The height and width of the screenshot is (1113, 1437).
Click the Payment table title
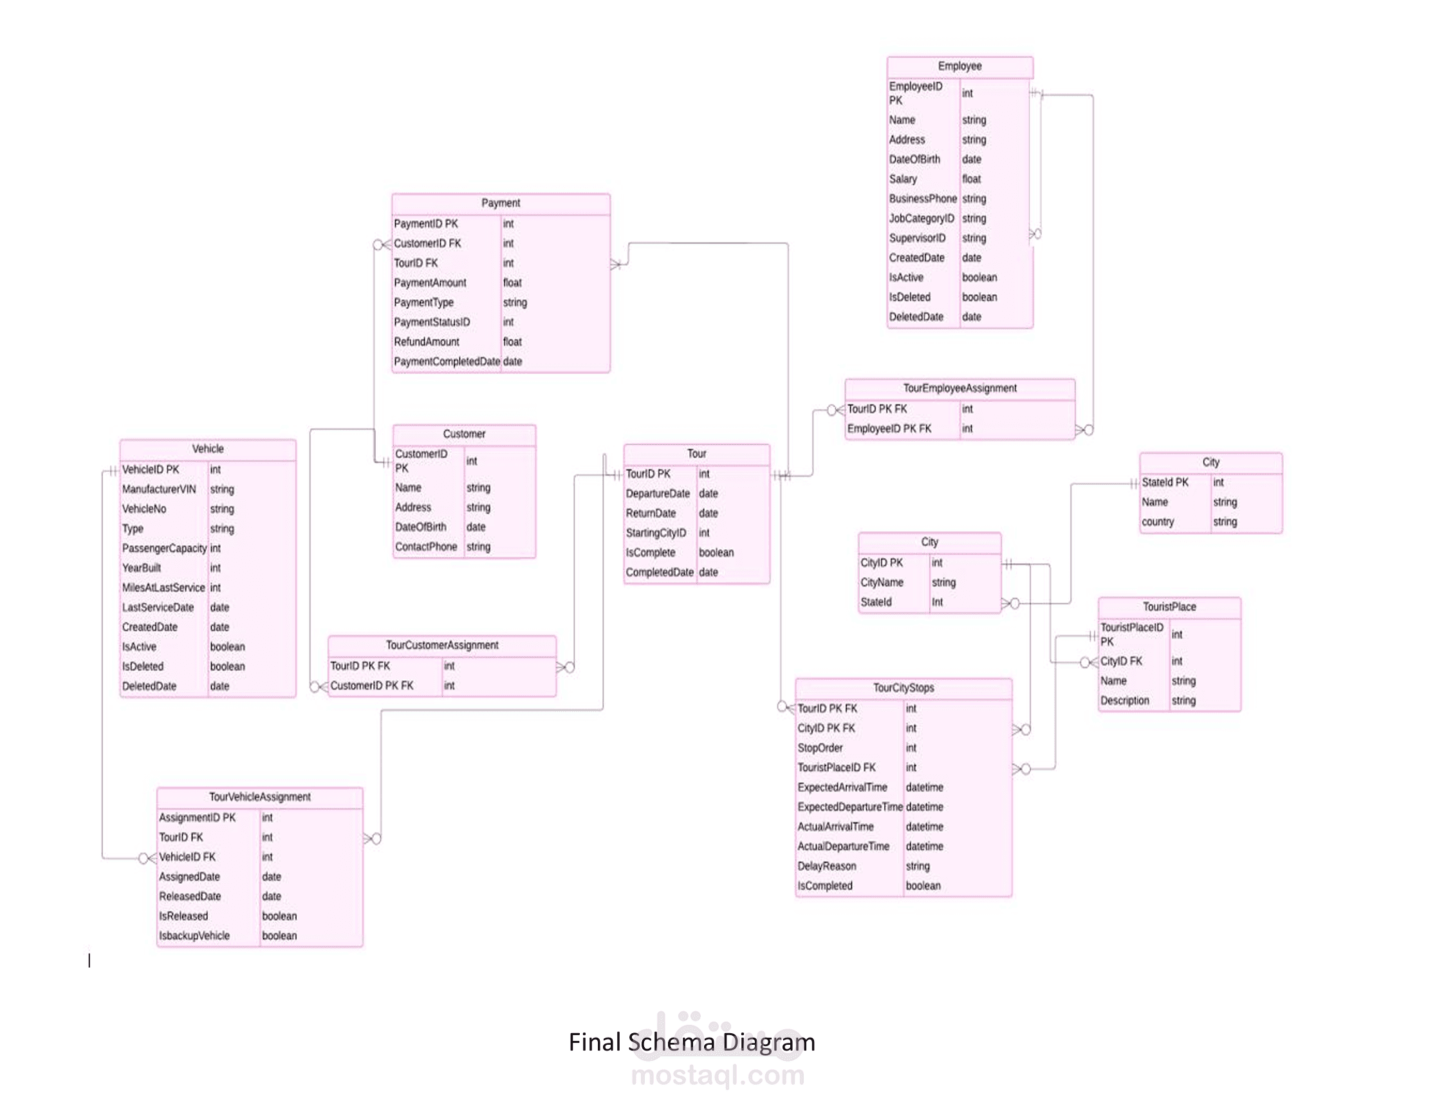click(501, 203)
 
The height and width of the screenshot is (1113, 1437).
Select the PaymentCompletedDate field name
click(447, 361)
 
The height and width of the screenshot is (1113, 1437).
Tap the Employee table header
click(960, 66)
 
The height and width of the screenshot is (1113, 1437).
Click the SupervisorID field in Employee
click(917, 238)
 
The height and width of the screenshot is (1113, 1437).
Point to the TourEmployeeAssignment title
click(960, 388)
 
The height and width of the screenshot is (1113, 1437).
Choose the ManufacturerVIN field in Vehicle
click(158, 489)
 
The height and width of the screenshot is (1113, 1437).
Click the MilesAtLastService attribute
click(163, 587)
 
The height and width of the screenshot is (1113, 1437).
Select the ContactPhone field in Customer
click(426, 547)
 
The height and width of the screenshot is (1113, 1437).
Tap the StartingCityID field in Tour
click(655, 532)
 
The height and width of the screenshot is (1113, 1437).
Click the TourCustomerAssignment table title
click(442, 645)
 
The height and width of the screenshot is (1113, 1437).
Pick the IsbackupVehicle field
click(194, 935)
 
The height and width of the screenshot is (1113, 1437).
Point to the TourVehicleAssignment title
click(260, 796)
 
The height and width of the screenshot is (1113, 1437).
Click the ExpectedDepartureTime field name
click(850, 807)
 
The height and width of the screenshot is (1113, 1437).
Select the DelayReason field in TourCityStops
click(826, 866)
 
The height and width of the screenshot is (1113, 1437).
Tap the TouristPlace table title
click(1169, 606)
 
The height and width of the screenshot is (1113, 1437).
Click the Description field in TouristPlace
click(1124, 700)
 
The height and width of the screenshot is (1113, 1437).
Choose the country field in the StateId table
click(1157, 521)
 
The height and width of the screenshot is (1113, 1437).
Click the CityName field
click(882, 582)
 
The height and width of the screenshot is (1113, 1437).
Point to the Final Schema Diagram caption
click(692, 1042)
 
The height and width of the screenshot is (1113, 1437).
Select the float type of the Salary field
click(971, 178)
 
